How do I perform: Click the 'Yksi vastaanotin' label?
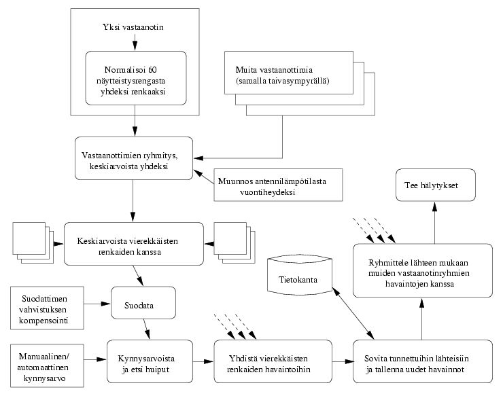133,27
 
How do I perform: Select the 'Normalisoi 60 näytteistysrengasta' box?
136,78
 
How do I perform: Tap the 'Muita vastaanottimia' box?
289,73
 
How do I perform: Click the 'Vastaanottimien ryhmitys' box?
134,158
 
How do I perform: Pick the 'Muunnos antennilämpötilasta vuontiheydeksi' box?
278,185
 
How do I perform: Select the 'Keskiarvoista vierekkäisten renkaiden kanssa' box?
134,244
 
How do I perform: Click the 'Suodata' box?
143,303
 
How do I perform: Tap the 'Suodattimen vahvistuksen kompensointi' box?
47,308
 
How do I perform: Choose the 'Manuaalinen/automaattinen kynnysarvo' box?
47,365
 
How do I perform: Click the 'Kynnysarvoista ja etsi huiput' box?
150,361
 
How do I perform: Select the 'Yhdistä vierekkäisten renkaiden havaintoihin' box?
273,361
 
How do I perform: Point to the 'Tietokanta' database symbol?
300,274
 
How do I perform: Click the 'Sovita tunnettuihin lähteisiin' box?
423,361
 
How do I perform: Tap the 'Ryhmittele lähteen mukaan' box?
423,270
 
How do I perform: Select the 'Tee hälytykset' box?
436,185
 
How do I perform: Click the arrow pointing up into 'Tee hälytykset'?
434,223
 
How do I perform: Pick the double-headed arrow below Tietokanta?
353,313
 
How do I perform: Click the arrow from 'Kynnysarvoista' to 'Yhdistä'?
203,361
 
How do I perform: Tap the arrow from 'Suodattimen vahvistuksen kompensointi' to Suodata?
97,304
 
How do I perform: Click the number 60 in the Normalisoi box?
152,69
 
